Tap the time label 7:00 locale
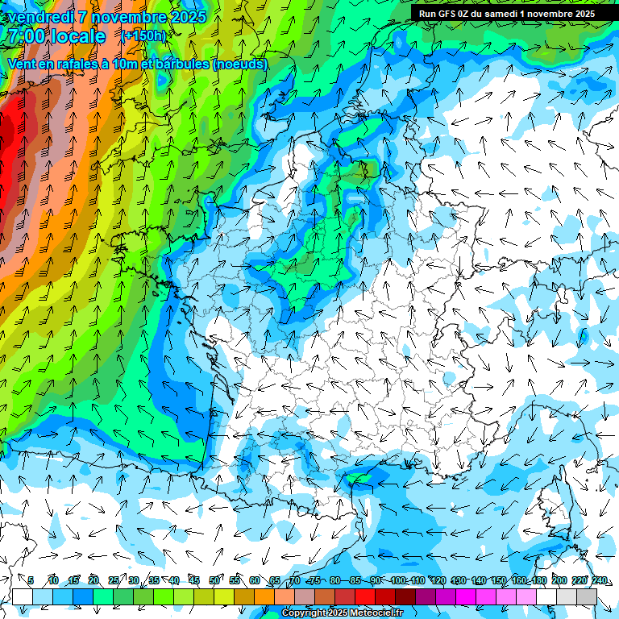pyautogui.click(x=56, y=36)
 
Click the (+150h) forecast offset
pyautogui.click(x=143, y=36)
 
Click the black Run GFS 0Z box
pyautogui.click(x=506, y=13)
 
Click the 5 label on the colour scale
pyautogui.click(x=31, y=580)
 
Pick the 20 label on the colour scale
pyautogui.click(x=93, y=580)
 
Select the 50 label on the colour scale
pyautogui.click(x=214, y=580)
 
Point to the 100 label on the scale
pyautogui.click(x=398, y=580)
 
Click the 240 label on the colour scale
pyautogui.click(x=600, y=580)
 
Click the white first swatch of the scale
pyautogui.click(x=22, y=596)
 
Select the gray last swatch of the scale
pyautogui.click(x=587, y=596)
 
